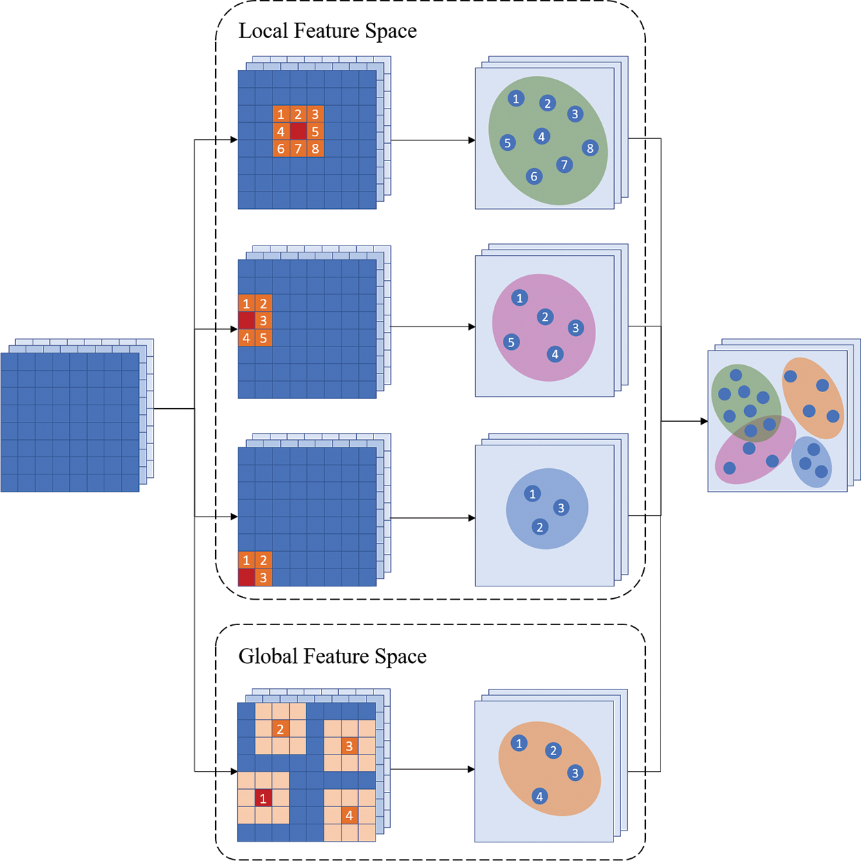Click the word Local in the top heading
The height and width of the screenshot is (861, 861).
263,31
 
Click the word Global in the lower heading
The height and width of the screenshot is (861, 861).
268,656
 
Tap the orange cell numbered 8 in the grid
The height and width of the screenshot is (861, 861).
315,149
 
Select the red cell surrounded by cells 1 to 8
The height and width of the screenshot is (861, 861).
298,131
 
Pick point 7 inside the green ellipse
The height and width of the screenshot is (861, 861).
564,165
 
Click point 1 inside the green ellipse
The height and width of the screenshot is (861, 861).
516,99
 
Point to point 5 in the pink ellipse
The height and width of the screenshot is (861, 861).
511,342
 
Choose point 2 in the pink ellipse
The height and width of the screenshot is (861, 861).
545,317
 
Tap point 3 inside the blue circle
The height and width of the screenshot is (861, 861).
561,508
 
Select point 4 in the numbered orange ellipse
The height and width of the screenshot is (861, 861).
539,796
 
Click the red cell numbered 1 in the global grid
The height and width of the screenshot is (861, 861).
263,799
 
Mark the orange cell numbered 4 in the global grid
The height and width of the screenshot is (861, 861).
349,815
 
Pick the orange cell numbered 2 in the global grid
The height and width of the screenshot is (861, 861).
280,729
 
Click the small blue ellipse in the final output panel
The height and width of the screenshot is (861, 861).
811,462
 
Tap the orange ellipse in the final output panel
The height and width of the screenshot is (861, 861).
813,398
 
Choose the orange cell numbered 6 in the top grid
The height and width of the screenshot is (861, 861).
281,149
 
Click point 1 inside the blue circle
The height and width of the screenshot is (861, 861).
532,494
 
